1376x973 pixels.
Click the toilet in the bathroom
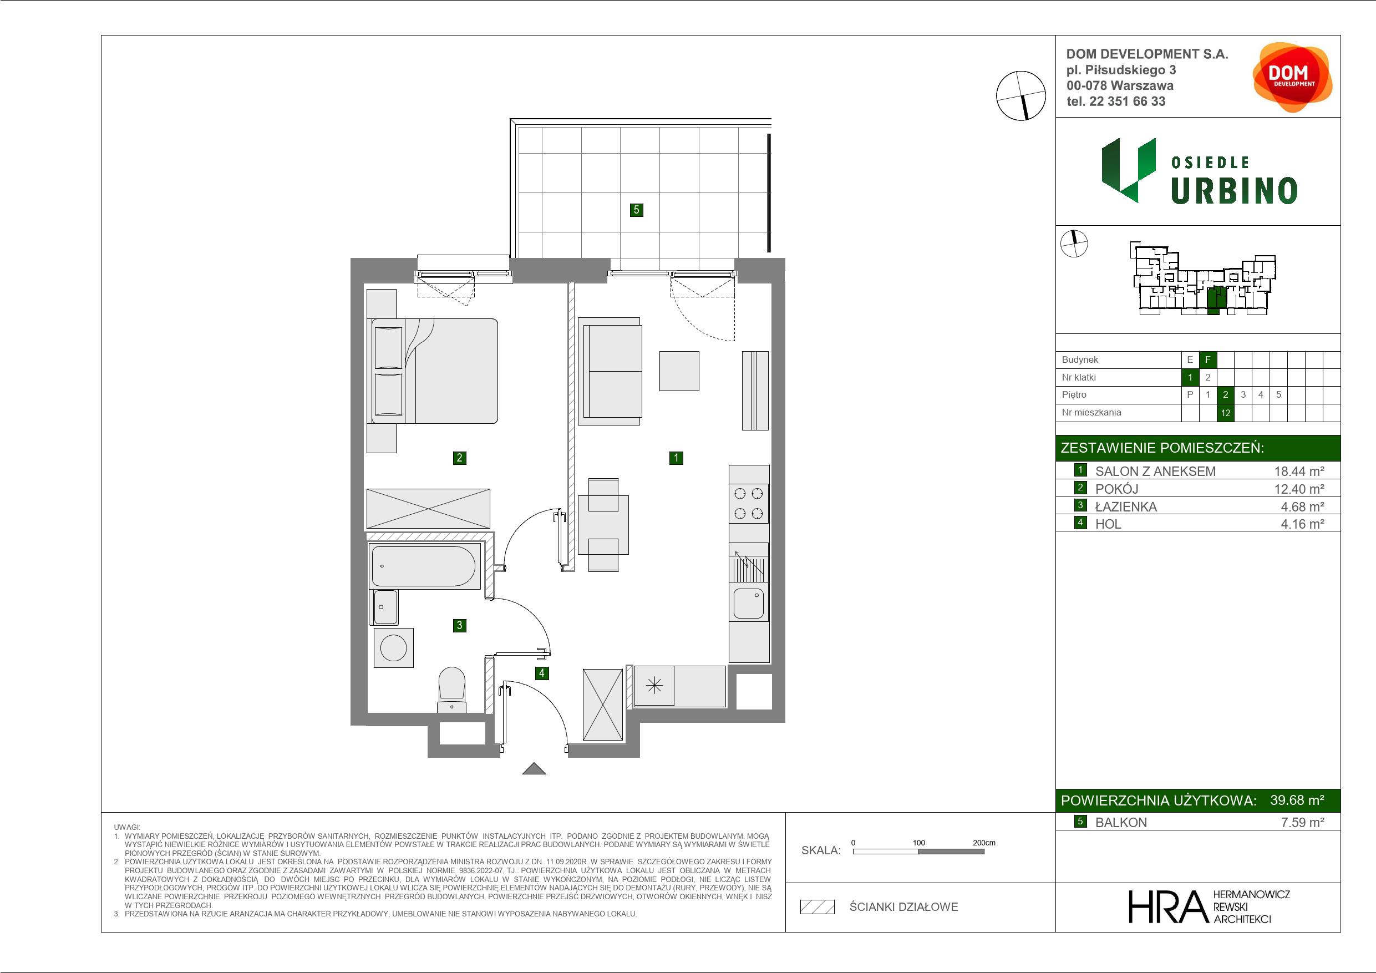coord(452,690)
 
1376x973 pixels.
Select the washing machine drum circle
coord(394,648)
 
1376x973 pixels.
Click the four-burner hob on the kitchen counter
coord(749,503)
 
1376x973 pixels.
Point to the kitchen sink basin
coord(749,603)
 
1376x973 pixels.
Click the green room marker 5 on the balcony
coord(637,210)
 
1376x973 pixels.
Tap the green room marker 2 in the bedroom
coord(460,458)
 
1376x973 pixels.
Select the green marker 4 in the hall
coord(542,673)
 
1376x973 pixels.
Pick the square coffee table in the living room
coord(679,371)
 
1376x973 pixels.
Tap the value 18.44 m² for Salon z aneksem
coord(1299,471)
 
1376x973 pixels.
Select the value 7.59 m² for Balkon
coord(1302,822)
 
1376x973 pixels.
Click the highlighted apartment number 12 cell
coord(1226,413)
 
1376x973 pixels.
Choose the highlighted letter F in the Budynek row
coord(1207,359)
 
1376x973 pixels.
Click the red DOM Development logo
coord(1292,77)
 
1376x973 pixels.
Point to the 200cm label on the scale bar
coord(983,843)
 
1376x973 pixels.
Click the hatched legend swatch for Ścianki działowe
coord(818,907)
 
